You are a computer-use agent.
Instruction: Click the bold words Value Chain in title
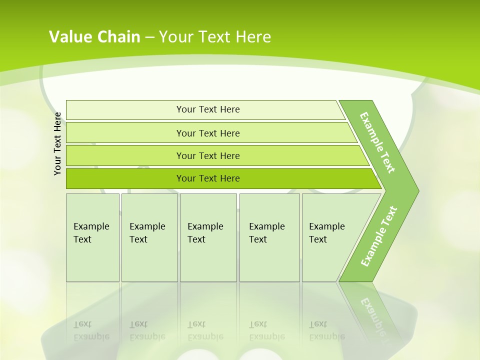(x=94, y=36)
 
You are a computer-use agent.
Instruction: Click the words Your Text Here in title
(x=215, y=36)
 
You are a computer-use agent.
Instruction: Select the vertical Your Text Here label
(x=57, y=143)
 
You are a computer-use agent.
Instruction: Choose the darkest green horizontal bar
(x=125, y=178)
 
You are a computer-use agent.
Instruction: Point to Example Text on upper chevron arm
(x=377, y=142)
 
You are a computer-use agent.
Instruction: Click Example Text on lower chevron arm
(x=379, y=236)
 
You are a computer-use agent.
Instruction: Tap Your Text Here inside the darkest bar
(x=208, y=178)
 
